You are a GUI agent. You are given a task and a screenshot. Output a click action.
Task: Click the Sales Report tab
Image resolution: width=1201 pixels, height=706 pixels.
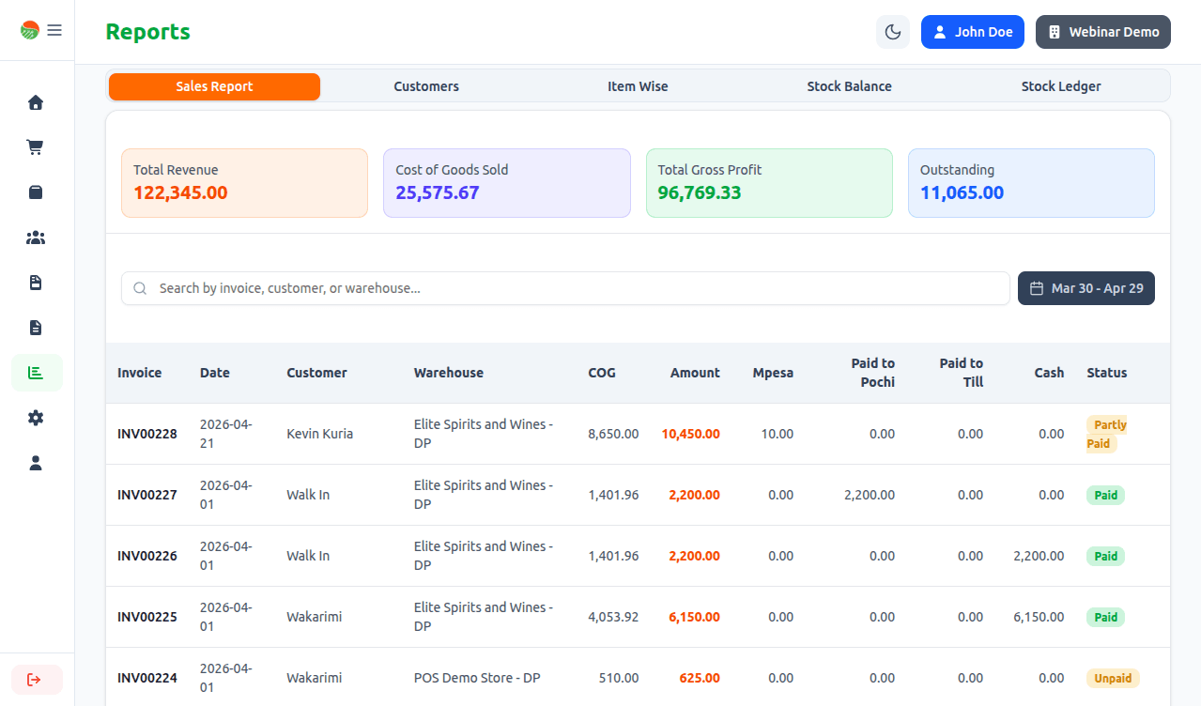pyautogui.click(x=214, y=86)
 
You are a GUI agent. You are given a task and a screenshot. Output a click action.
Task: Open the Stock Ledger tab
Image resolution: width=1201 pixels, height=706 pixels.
pyautogui.click(x=1060, y=86)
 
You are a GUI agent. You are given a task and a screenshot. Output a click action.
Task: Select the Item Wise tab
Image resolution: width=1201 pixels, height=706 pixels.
pyautogui.click(x=638, y=86)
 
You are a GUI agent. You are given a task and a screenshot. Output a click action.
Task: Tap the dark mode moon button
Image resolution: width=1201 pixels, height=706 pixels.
pyautogui.click(x=893, y=32)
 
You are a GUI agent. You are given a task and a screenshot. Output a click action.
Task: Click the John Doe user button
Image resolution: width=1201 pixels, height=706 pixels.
pyautogui.click(x=973, y=32)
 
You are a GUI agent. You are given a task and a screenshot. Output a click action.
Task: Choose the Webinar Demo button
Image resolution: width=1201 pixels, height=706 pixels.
pyautogui.click(x=1103, y=32)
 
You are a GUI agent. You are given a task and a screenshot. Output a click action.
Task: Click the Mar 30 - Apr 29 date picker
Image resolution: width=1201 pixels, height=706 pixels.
pyautogui.click(x=1086, y=288)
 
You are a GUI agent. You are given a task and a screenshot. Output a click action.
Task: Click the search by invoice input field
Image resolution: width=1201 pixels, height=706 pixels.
pyautogui.click(x=565, y=288)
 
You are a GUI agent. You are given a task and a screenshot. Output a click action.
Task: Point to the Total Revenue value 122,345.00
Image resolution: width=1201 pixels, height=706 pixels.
pyautogui.click(x=180, y=192)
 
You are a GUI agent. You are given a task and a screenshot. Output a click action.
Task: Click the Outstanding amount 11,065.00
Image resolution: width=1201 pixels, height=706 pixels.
pyautogui.click(x=962, y=192)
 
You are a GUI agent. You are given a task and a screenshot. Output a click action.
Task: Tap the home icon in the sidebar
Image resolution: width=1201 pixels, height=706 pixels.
pyautogui.click(x=36, y=102)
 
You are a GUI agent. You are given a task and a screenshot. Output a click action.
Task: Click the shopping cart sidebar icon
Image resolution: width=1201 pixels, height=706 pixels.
pyautogui.click(x=36, y=147)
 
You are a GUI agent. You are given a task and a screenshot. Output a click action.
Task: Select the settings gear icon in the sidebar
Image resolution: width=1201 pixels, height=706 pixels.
pyautogui.click(x=36, y=418)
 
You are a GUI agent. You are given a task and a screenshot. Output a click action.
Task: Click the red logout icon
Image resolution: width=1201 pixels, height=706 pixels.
pyautogui.click(x=35, y=680)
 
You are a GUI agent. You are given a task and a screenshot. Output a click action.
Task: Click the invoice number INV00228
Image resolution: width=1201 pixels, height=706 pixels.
pyautogui.click(x=146, y=434)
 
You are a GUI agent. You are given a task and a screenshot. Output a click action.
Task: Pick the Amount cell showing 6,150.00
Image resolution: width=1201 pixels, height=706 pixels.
pyautogui.click(x=694, y=617)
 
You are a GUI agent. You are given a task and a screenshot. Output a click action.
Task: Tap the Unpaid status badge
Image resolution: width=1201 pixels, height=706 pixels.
pyautogui.click(x=1113, y=678)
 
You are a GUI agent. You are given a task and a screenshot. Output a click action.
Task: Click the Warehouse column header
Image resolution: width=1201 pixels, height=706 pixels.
pyautogui.click(x=448, y=373)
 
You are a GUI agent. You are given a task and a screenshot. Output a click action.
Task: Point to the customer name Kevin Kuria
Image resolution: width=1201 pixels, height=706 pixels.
pyautogui.click(x=319, y=434)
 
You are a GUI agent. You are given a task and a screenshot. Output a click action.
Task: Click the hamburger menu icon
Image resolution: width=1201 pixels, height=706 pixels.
pyautogui.click(x=54, y=30)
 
